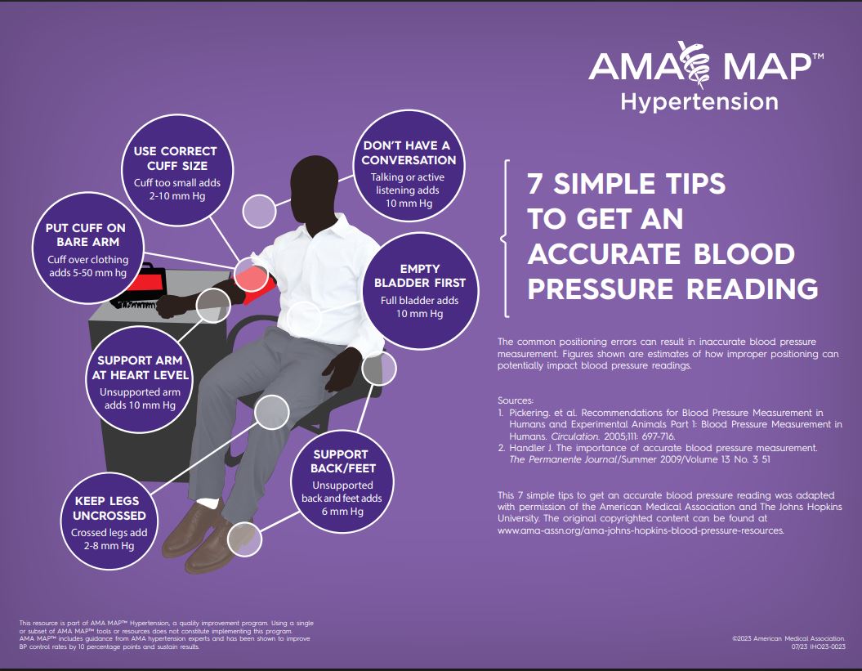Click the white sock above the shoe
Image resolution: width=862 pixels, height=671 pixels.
click(208, 502)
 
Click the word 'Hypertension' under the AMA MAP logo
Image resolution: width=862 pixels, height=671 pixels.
click(699, 102)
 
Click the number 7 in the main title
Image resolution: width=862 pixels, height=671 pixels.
click(536, 185)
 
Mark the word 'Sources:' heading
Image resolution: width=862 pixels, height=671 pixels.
click(515, 400)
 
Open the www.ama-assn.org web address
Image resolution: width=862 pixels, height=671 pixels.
click(640, 530)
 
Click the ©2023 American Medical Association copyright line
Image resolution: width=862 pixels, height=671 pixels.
click(788, 637)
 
